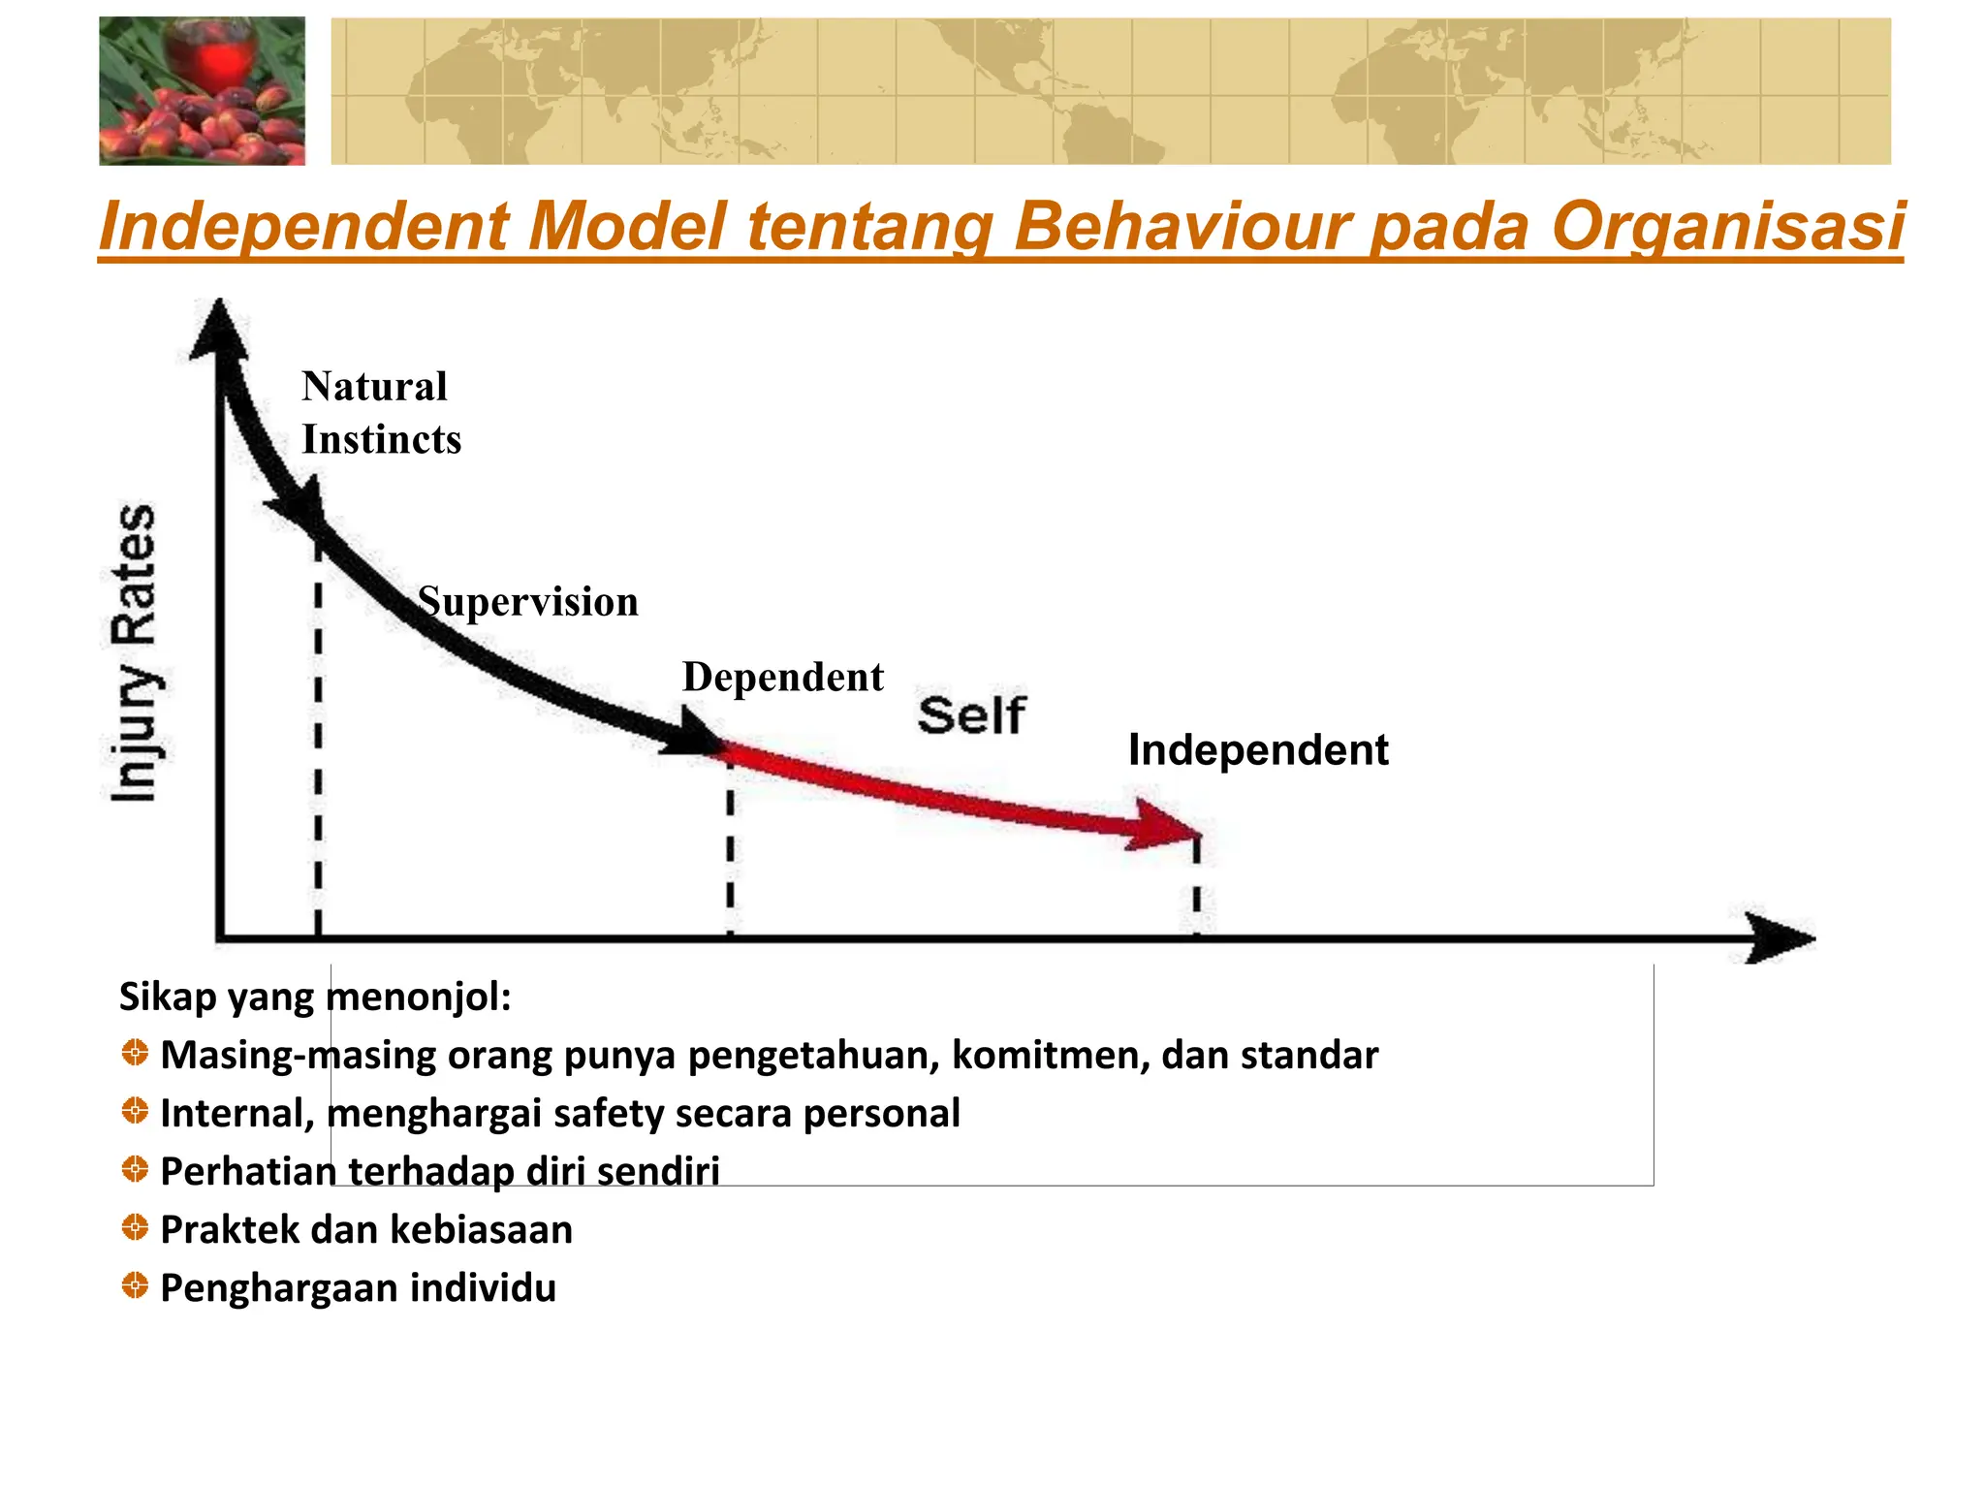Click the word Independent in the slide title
click(304, 227)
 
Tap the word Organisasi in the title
click(1727, 227)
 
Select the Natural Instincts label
click(380, 413)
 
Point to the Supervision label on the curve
click(528, 602)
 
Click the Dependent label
click(782, 677)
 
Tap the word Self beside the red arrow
click(970, 715)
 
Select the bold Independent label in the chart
click(1257, 750)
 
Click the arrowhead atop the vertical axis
click(219, 330)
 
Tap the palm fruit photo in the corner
click(202, 91)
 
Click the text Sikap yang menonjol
click(314, 997)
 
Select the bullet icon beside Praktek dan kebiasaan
click(135, 1228)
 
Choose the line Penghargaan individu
click(358, 1288)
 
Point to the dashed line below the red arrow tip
click(1197, 887)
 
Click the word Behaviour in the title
click(1182, 227)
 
